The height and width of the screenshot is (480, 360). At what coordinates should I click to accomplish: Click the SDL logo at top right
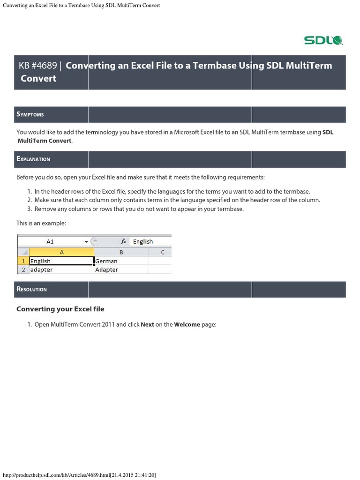click(x=323, y=40)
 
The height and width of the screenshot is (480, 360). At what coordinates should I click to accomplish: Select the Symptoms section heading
click(x=30, y=114)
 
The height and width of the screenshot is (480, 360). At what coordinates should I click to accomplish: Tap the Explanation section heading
click(x=33, y=159)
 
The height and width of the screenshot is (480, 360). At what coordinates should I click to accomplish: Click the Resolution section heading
click(x=32, y=289)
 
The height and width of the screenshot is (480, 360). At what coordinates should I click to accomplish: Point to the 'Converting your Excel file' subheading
click(x=60, y=309)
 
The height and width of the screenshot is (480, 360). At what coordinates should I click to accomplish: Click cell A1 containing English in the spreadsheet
click(x=61, y=261)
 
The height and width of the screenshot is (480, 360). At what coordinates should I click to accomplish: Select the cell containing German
click(x=120, y=261)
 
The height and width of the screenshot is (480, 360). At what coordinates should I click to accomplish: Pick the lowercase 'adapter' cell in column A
click(x=61, y=270)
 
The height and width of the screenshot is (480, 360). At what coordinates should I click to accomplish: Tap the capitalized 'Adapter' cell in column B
click(x=120, y=270)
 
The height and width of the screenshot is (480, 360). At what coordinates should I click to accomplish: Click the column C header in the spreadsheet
click(x=162, y=252)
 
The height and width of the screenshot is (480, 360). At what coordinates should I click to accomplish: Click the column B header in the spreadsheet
click(x=121, y=252)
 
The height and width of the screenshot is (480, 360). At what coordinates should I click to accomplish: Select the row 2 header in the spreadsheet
click(x=23, y=270)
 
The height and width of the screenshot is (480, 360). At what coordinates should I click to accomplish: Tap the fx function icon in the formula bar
click(x=123, y=241)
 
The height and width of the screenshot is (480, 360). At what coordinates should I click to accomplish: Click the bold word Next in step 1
click(x=147, y=324)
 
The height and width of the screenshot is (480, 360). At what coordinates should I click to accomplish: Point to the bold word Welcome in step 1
click(x=187, y=324)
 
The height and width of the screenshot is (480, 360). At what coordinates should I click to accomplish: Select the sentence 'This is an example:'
click(x=41, y=223)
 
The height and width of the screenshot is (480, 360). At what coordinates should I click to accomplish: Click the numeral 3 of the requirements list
click(x=29, y=209)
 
